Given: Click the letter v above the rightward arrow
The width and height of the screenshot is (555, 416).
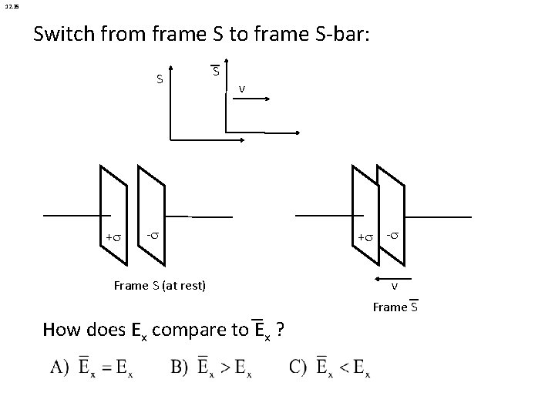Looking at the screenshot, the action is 242,89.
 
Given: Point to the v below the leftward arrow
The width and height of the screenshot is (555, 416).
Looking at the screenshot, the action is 394,287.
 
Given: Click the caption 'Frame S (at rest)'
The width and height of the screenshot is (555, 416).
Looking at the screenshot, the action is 160,286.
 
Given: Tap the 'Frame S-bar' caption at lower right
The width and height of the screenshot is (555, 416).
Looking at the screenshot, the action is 395,307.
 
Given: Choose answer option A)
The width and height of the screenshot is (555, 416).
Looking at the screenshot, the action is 97,368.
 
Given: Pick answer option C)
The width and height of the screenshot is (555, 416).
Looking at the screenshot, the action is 330,368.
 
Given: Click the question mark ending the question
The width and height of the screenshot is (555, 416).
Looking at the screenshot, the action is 283,330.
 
